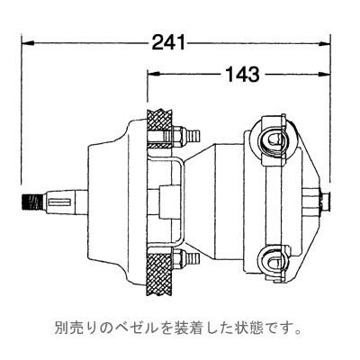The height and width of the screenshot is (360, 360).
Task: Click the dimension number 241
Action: click(x=169, y=40)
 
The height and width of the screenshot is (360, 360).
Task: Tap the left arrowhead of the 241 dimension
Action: click(x=27, y=41)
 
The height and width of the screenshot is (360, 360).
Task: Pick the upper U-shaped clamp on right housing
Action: click(x=272, y=139)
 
